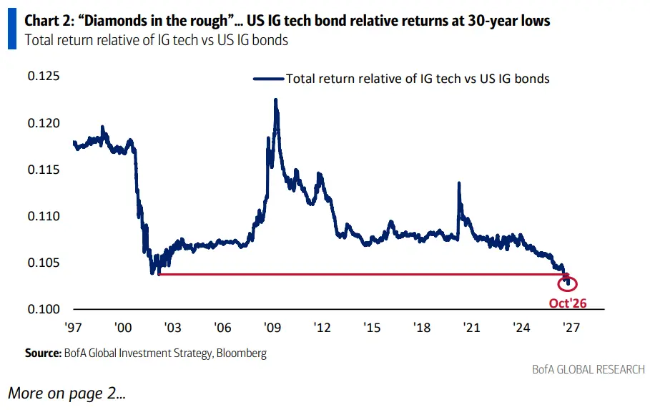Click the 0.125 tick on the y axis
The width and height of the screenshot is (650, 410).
point(44,77)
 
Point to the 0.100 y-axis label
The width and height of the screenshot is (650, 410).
point(44,309)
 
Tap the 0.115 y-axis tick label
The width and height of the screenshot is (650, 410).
point(44,170)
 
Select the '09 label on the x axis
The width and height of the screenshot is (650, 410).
point(272,328)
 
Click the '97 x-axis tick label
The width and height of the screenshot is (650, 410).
point(74,328)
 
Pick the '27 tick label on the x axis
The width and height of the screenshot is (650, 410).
point(571,328)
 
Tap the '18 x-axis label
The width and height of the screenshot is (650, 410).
point(422,328)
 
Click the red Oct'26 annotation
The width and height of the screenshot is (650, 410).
point(568,303)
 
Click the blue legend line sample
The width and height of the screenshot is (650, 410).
point(269,79)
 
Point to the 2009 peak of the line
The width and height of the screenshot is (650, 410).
point(276,99)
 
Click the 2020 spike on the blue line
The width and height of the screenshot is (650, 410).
point(459,183)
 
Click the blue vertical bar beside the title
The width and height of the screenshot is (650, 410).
point(12,28)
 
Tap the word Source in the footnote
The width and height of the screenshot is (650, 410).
point(43,353)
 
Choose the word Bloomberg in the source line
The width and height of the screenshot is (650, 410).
point(241,353)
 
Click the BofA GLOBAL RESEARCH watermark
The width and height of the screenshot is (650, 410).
point(589,369)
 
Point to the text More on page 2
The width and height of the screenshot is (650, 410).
point(67,393)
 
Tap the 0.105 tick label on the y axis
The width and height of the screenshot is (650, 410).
point(44,263)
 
